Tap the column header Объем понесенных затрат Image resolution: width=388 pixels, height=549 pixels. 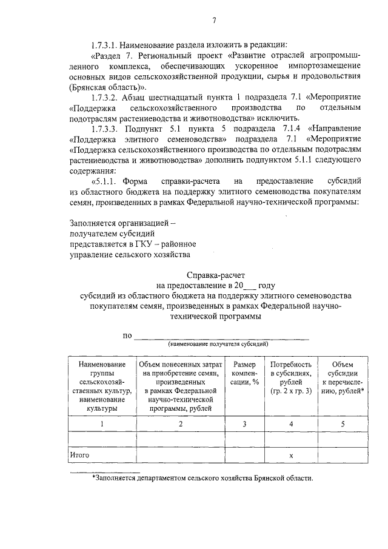180,386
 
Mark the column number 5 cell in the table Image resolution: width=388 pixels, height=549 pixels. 343,423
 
